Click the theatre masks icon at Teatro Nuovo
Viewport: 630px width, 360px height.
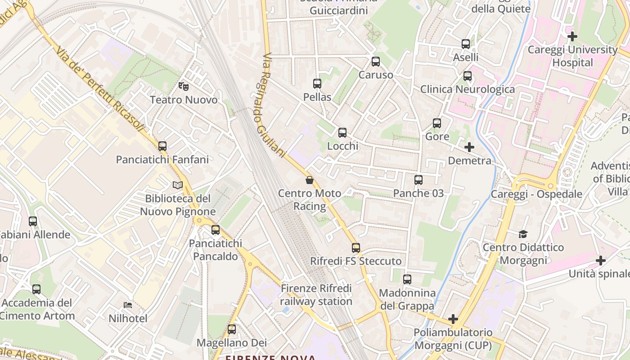tap(183, 85)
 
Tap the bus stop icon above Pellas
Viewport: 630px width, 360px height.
tap(317, 83)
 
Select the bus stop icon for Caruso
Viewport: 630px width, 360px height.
tap(376, 62)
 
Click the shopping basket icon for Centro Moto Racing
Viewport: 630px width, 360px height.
tap(310, 180)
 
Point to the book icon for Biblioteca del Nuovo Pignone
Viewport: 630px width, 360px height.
tap(178, 185)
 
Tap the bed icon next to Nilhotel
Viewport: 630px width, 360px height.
tap(128, 305)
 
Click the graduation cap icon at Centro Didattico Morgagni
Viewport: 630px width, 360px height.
tap(523, 234)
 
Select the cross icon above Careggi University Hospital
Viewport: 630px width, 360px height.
tap(572, 36)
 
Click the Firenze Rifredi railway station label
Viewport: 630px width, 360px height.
tap(316, 295)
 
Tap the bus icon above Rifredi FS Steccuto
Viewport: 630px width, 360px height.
tap(356, 247)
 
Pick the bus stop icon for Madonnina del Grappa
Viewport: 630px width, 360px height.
tap(407, 279)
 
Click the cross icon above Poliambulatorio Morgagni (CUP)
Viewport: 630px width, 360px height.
tap(453, 319)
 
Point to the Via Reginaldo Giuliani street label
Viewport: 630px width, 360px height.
tap(274, 106)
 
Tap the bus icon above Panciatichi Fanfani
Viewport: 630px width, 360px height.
tap(162, 146)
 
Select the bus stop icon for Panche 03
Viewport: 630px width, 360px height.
tap(418, 180)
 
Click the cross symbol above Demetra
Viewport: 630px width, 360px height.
tap(469, 147)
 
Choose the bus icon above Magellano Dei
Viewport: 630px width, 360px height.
tap(232, 329)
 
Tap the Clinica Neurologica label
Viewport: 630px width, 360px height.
tap(468, 89)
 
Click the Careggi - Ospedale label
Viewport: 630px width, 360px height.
tap(536, 194)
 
